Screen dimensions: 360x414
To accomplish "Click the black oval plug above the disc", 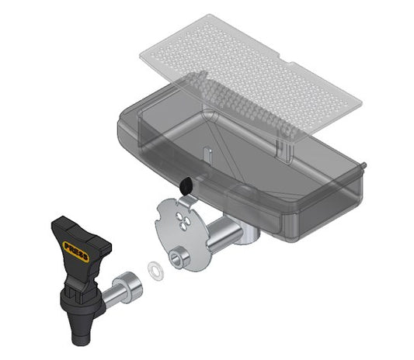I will coord(186,185).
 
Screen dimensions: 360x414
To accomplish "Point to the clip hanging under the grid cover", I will coord(283,145).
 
